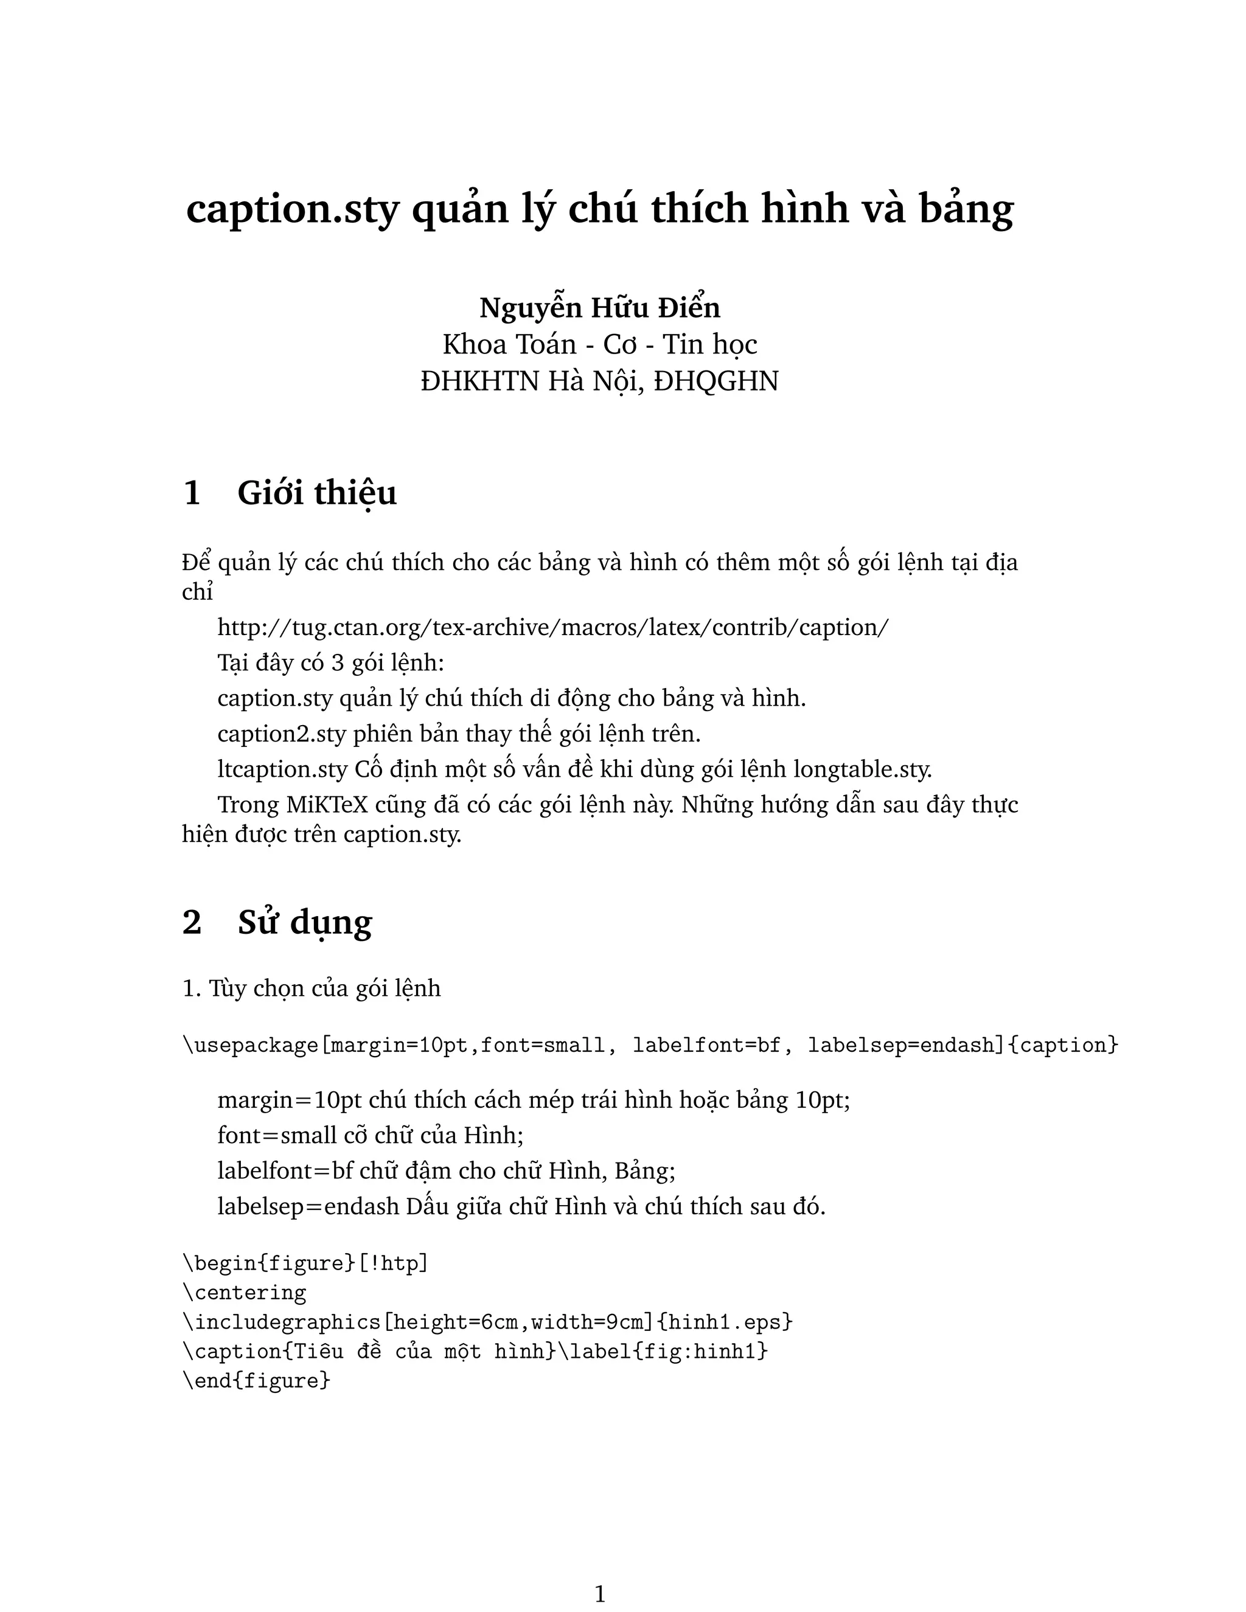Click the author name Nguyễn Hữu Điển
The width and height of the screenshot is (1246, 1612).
pyautogui.click(x=599, y=308)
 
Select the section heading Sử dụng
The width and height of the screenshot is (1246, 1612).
pyautogui.click(x=305, y=922)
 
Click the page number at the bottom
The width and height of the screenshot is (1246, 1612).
pyautogui.click(x=600, y=1594)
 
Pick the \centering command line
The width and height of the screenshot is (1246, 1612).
pyautogui.click(x=245, y=1293)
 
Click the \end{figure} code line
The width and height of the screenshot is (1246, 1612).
pyautogui.click(x=256, y=1380)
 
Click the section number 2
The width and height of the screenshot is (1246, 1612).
pyautogui.click(x=192, y=922)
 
